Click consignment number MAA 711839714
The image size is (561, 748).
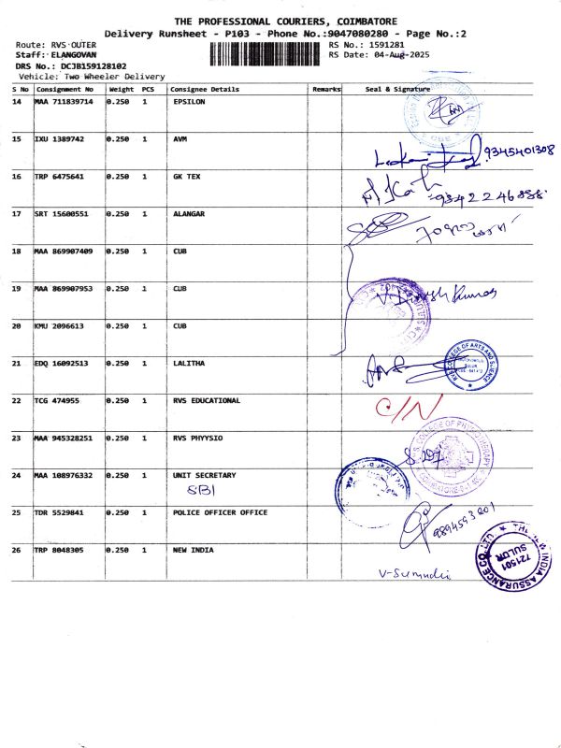coord(65,101)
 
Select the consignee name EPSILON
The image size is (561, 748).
coord(190,101)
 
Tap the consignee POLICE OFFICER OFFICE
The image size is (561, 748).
coord(220,512)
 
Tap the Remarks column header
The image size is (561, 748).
coord(325,90)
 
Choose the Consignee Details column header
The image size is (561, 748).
coord(204,90)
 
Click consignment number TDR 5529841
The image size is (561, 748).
coord(59,512)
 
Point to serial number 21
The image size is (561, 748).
coord(17,363)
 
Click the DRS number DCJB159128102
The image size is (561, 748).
coord(81,66)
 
